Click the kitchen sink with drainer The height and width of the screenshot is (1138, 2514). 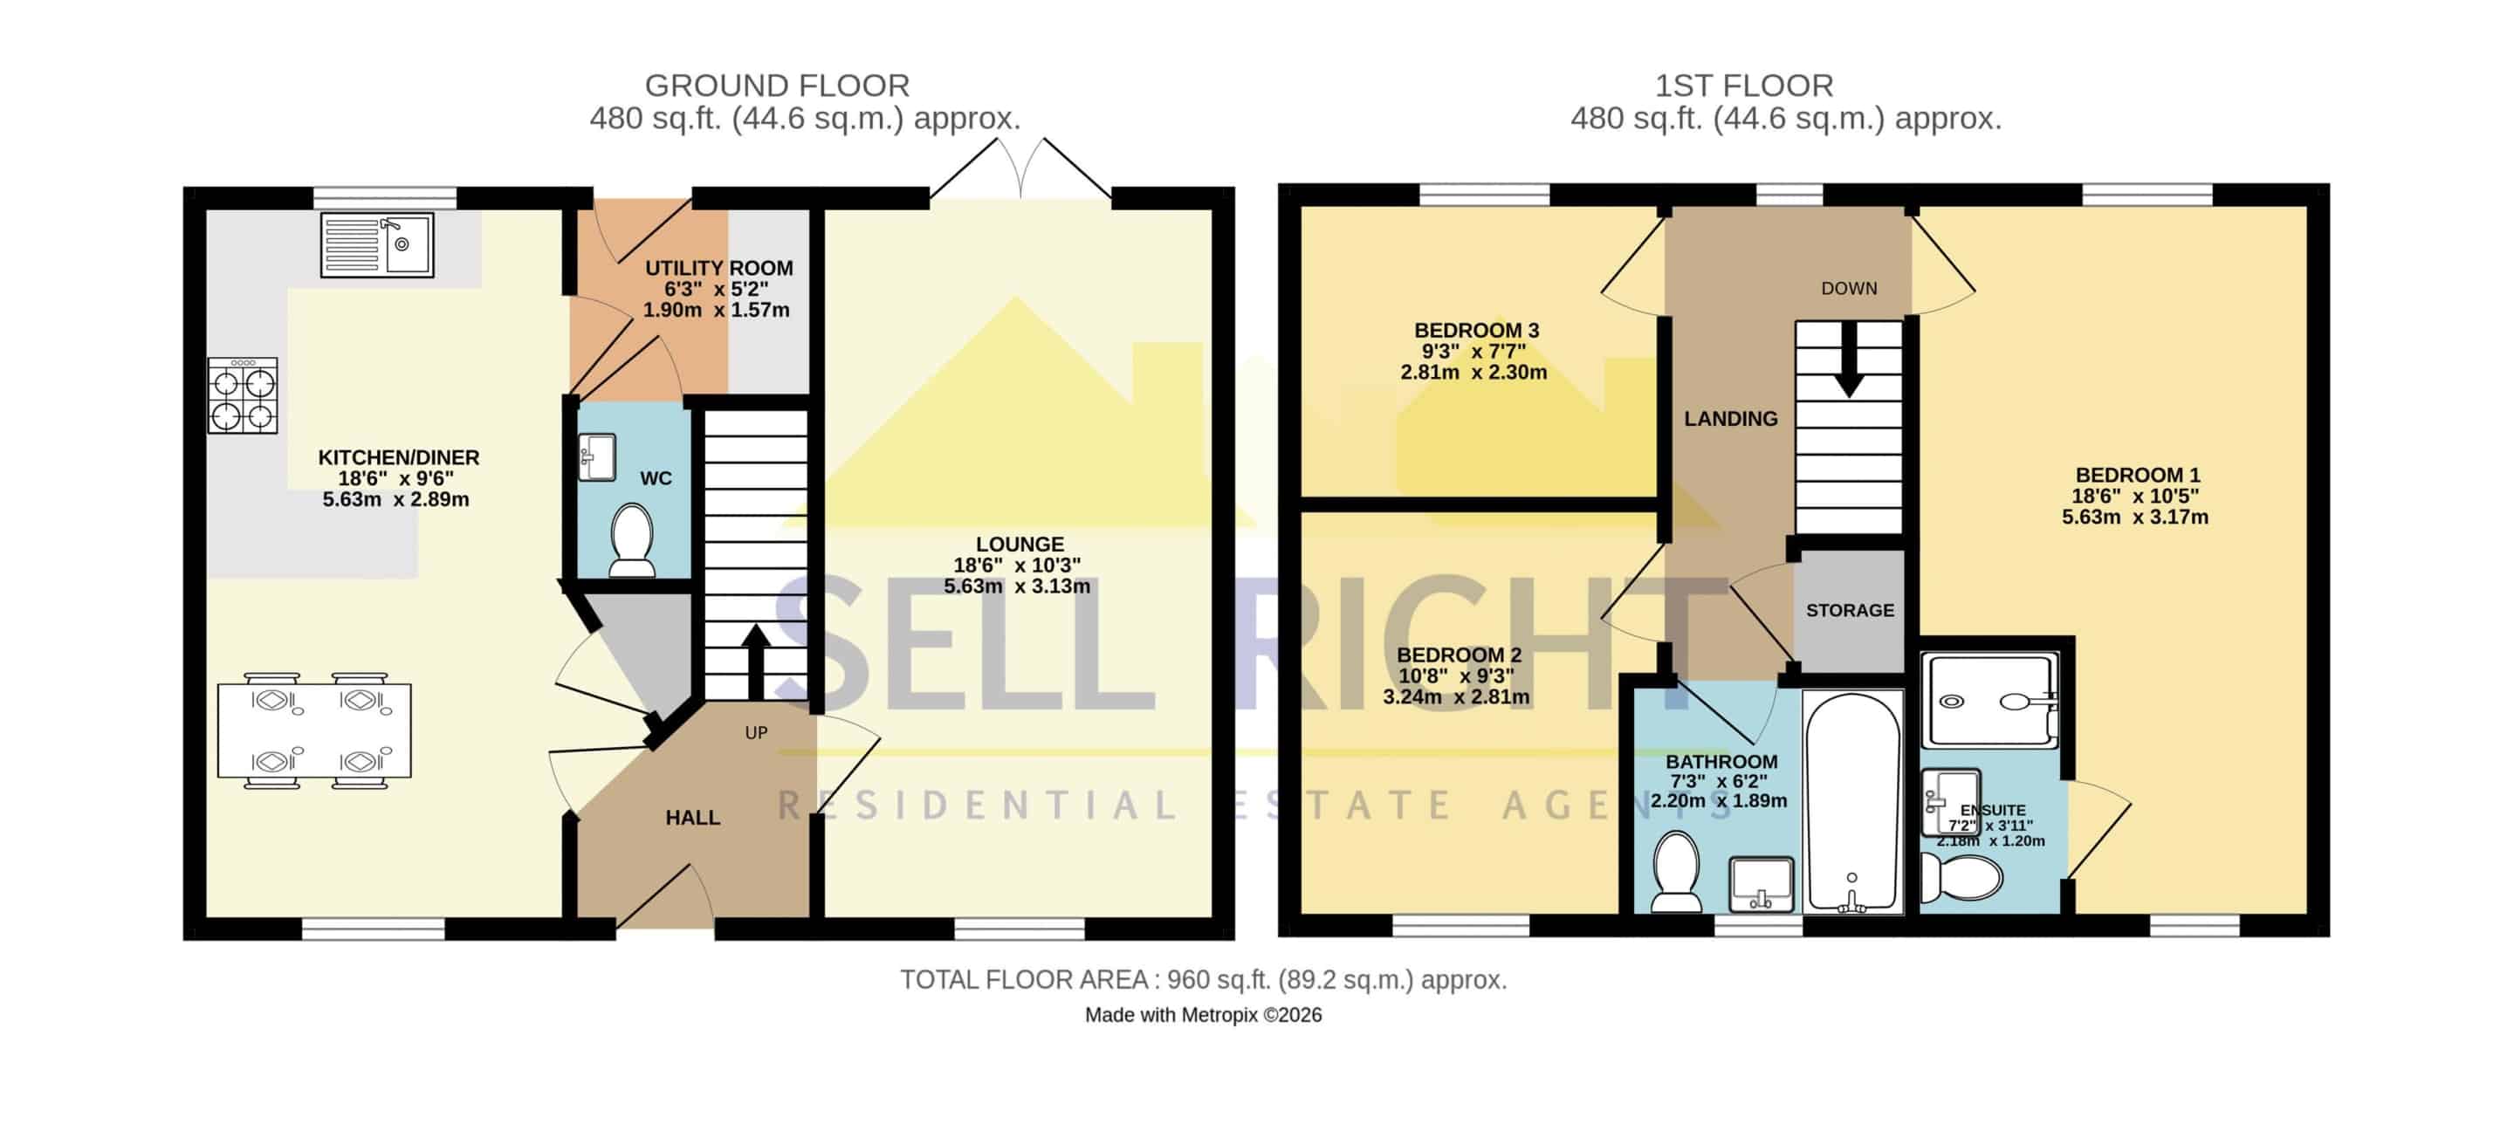[377, 244]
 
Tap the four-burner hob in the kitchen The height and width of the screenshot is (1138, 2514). [243, 395]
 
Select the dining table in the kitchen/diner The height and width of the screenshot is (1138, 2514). [314, 730]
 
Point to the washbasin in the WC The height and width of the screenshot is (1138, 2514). [596, 456]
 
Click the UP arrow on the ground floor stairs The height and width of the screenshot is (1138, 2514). [756, 662]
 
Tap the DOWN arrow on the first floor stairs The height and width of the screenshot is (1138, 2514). [1849, 360]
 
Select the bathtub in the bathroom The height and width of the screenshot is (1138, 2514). [1852, 802]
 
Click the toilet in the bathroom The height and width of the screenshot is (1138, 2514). [1677, 871]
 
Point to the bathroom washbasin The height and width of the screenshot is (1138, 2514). [1761, 883]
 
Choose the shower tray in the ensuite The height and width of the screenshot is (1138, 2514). [1990, 701]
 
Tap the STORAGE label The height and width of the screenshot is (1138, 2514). [1850, 610]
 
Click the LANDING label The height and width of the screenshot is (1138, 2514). [1730, 419]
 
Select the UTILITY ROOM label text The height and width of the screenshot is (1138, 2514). [719, 269]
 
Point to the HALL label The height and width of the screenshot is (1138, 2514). [693, 818]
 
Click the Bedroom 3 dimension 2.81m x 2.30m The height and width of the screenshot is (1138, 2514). [1473, 372]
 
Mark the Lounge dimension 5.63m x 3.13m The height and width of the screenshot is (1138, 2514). [1017, 586]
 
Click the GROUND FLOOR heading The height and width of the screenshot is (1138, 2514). [777, 86]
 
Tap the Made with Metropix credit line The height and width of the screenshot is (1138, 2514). [1204, 1015]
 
